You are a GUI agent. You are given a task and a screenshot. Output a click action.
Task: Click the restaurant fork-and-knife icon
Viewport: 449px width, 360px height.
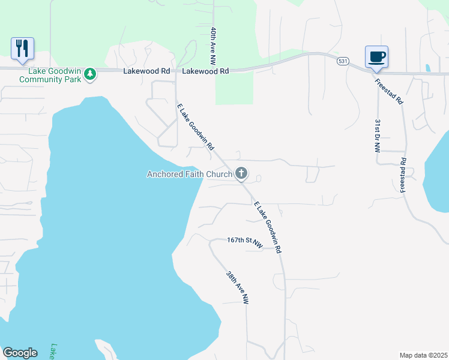(22, 48)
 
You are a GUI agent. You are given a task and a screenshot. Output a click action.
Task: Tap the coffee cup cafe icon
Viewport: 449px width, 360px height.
(376, 57)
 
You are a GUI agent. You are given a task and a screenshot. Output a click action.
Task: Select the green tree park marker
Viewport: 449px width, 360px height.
(90, 74)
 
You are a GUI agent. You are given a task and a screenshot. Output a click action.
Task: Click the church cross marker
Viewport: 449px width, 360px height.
(241, 174)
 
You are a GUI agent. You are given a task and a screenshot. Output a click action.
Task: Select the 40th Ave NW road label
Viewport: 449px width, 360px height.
(212, 46)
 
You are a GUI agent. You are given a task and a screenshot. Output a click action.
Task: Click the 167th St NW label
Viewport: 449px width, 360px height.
(245, 242)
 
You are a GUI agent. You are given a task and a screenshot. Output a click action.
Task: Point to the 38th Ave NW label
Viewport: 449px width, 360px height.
(237, 288)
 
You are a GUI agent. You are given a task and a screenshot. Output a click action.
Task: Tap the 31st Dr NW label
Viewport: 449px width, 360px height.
(378, 135)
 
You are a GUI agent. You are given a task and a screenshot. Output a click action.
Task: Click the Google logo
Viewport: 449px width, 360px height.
(20, 353)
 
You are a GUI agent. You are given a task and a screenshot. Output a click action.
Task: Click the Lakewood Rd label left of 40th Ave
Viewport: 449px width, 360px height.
(146, 71)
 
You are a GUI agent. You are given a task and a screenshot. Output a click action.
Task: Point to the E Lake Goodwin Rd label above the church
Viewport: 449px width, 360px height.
(196, 127)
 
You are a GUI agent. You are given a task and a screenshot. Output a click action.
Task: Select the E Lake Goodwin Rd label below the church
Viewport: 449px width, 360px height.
(268, 227)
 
